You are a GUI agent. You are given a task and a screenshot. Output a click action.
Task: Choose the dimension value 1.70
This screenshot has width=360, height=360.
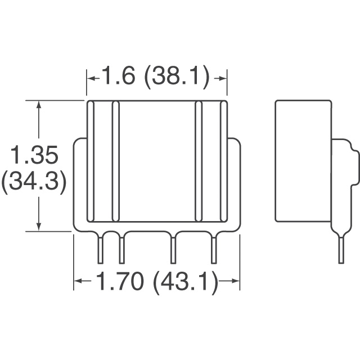tap(125, 282)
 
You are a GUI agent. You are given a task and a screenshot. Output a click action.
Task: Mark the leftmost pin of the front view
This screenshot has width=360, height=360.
tap(101, 249)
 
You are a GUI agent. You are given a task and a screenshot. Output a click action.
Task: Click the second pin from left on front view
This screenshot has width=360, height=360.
tap(121, 249)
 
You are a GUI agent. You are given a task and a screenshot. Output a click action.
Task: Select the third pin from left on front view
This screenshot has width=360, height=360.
tap(173, 249)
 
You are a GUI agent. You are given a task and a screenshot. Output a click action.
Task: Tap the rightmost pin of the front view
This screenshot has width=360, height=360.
tap(214, 249)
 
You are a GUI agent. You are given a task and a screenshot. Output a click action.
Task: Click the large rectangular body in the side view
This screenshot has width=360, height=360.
tap(302, 161)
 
